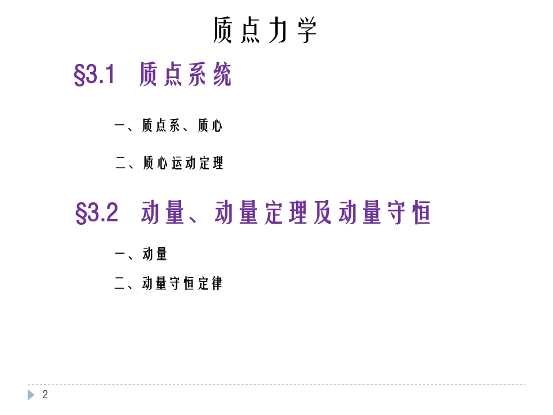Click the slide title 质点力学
(265, 30)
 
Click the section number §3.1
(95, 75)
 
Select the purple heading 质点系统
(185, 75)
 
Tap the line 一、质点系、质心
(168, 125)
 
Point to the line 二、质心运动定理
(169, 163)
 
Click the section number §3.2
(97, 213)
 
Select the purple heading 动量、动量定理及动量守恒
(286, 213)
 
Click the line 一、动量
(141, 254)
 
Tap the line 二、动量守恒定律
(168, 283)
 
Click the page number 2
(46, 395)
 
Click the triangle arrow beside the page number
(31, 395)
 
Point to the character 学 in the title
(307, 30)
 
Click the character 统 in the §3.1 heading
(222, 75)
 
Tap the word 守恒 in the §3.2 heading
(407, 213)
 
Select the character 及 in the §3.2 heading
(323, 213)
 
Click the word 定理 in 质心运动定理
(211, 163)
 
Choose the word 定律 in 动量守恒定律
(210, 283)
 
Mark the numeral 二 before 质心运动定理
(121, 163)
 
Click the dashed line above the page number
(276, 385)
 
